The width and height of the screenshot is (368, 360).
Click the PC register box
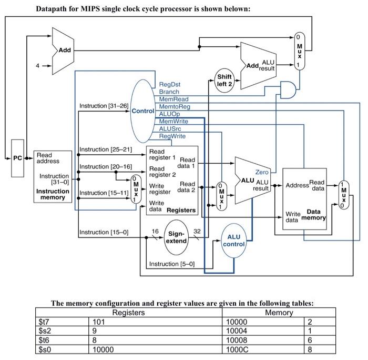click(17, 157)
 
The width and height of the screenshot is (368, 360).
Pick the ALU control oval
click(234, 241)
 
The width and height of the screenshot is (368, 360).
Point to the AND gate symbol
click(288, 90)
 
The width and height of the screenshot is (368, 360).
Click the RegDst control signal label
click(169, 84)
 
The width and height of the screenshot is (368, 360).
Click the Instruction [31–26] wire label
click(104, 106)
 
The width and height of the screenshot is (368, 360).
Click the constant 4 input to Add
click(37, 66)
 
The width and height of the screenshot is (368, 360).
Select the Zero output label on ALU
click(262, 172)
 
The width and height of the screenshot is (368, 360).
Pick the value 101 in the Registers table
click(99, 322)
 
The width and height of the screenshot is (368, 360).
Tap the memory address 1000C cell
click(237, 349)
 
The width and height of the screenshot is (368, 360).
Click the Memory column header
click(279, 313)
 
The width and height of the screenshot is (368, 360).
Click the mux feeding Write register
click(136, 189)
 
